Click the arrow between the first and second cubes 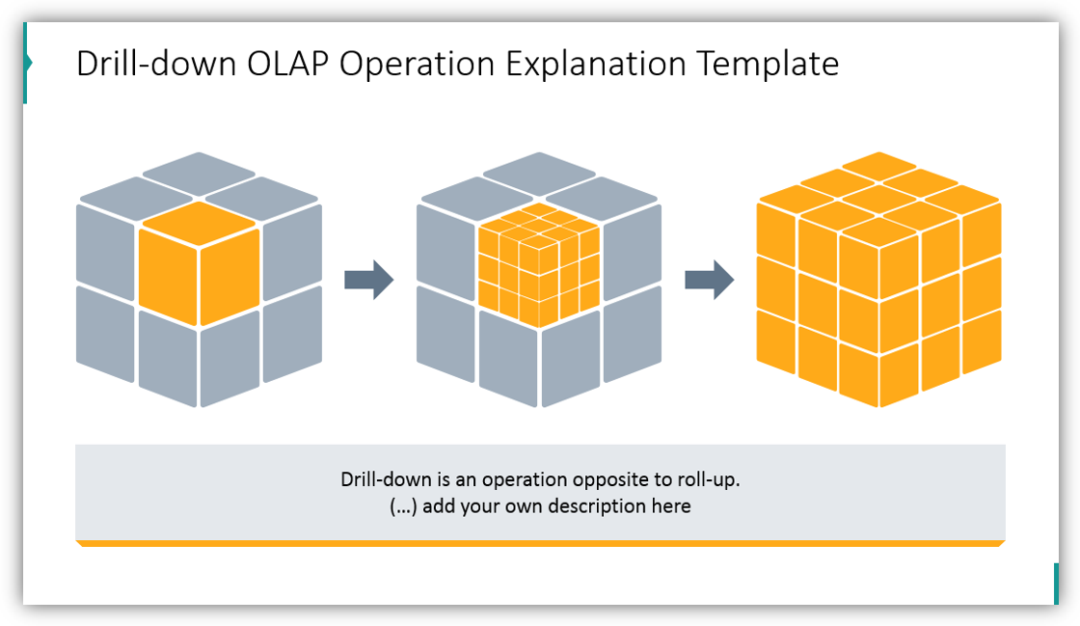(368, 280)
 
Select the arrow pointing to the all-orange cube (709, 280)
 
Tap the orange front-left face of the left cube (167, 275)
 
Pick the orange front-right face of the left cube (229, 275)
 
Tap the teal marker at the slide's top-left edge (26, 64)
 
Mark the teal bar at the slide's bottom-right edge (1056, 584)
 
